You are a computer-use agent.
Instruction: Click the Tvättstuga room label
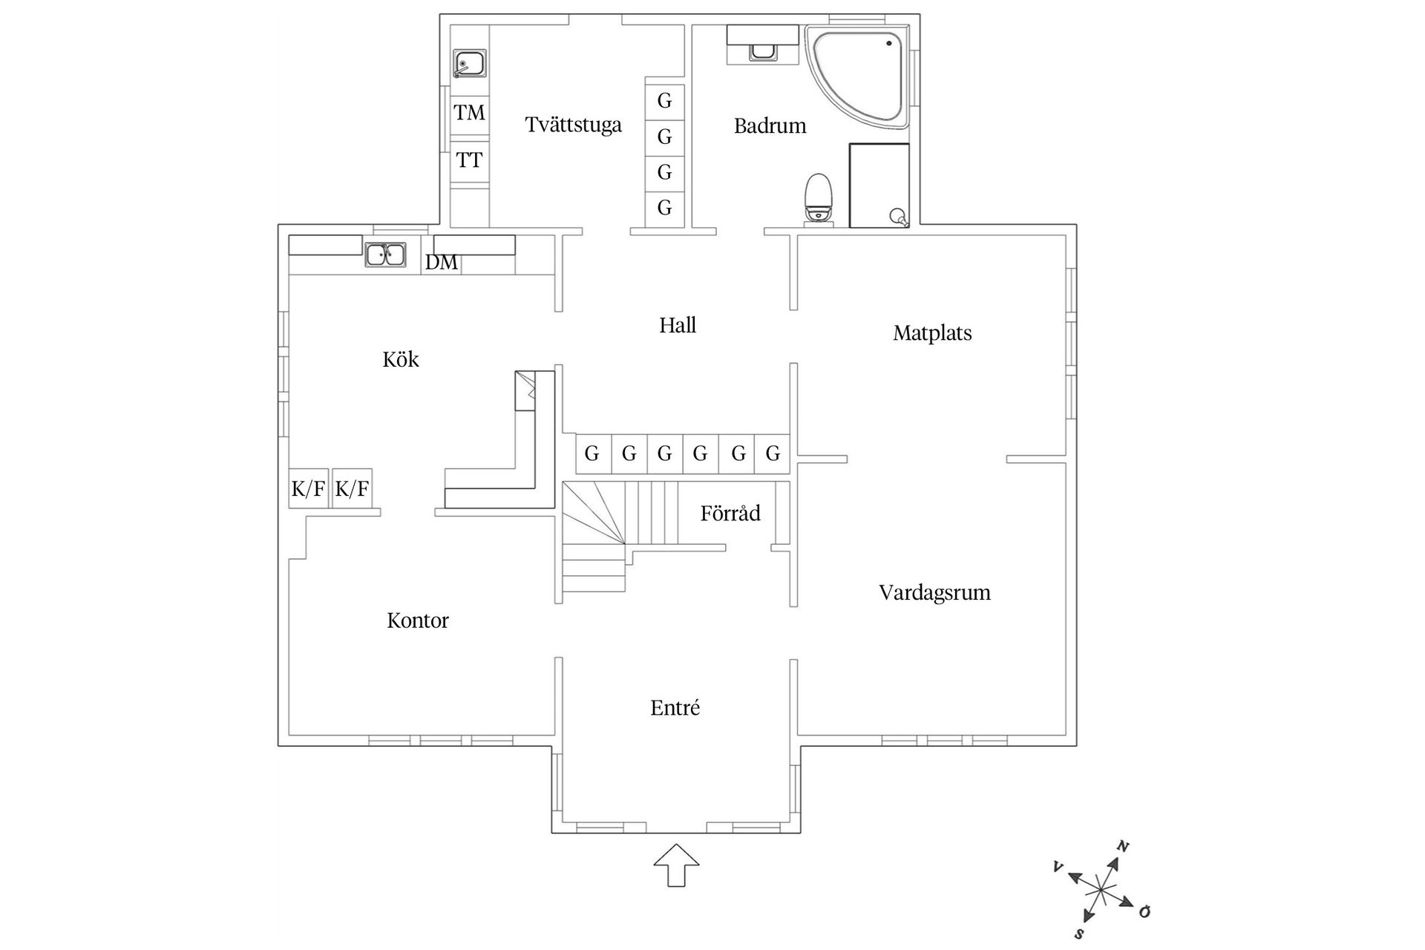click(x=573, y=125)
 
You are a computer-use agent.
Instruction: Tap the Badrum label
click(x=770, y=126)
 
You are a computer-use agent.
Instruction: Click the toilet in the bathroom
click(x=818, y=197)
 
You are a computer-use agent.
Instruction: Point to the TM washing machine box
click(x=469, y=113)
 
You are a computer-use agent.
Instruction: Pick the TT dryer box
click(x=469, y=160)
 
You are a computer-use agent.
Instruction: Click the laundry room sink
click(x=469, y=64)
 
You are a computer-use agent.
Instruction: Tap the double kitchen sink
click(x=385, y=255)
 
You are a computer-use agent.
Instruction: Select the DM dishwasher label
click(x=441, y=263)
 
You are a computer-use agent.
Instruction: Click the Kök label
click(x=401, y=360)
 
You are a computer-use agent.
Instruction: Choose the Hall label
click(x=678, y=325)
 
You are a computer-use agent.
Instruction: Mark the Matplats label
click(x=932, y=333)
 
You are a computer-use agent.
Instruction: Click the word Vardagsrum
click(x=934, y=593)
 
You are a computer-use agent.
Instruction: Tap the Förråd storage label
click(x=730, y=514)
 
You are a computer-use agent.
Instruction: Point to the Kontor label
click(x=418, y=620)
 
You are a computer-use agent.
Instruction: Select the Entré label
click(x=675, y=708)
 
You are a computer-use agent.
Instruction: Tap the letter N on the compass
click(x=1124, y=846)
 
